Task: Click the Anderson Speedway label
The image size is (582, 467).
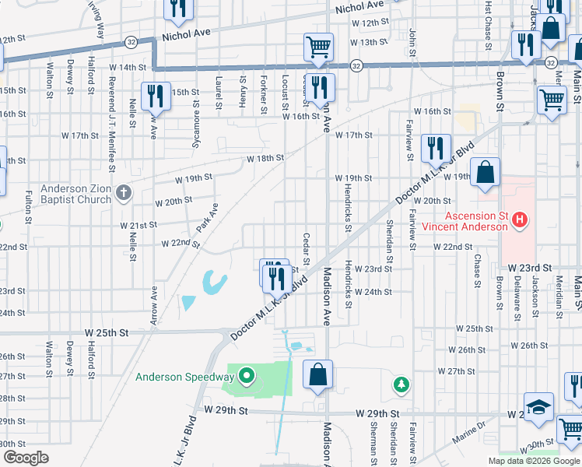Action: pyautogui.click(x=185, y=378)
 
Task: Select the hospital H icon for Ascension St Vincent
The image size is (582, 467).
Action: pyautogui.click(x=520, y=221)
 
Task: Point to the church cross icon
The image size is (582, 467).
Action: pyautogui.click(x=124, y=193)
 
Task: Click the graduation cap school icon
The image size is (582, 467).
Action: pyautogui.click(x=538, y=408)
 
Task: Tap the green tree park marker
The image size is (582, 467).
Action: pyautogui.click(x=401, y=384)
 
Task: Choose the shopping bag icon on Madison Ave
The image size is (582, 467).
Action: pyautogui.click(x=318, y=374)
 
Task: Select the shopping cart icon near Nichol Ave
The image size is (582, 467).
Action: pyautogui.click(x=318, y=47)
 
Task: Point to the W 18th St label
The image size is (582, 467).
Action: pyautogui.click(x=265, y=158)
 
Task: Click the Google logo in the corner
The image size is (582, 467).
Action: pyautogui.click(x=26, y=458)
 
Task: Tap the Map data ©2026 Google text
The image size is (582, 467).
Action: pyautogui.click(x=533, y=461)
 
